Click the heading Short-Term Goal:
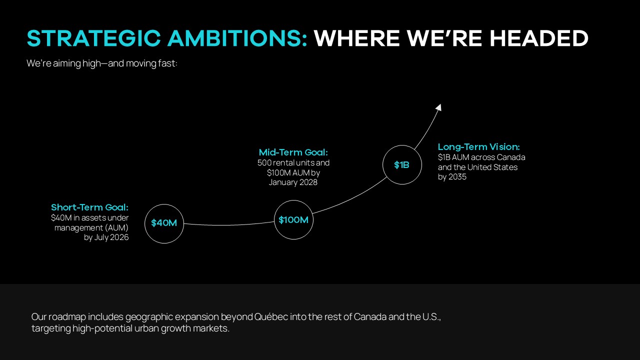(89, 207)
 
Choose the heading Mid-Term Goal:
(293, 152)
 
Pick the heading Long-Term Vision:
(479, 147)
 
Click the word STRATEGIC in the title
(94, 38)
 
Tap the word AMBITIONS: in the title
(237, 38)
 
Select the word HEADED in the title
(539, 38)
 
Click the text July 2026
(111, 237)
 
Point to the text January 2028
(293, 182)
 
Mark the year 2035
(457, 177)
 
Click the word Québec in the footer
(271, 317)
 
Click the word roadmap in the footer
(67, 317)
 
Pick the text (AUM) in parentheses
(116, 227)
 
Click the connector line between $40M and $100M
(228, 225)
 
